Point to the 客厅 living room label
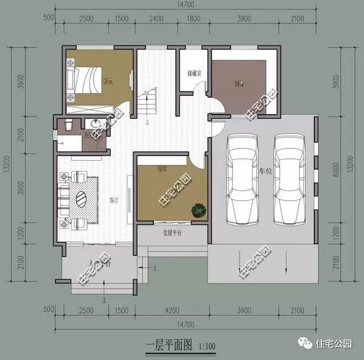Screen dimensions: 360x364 [113, 200]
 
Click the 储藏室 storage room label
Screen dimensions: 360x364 [195, 74]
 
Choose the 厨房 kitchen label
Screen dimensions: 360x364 [239, 84]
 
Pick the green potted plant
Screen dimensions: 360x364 [198, 211]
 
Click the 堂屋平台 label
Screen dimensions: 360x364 [172, 233]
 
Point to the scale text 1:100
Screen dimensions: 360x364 [208, 345]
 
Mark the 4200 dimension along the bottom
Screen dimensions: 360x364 [172, 310]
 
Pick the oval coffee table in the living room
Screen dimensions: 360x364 [81, 200]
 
